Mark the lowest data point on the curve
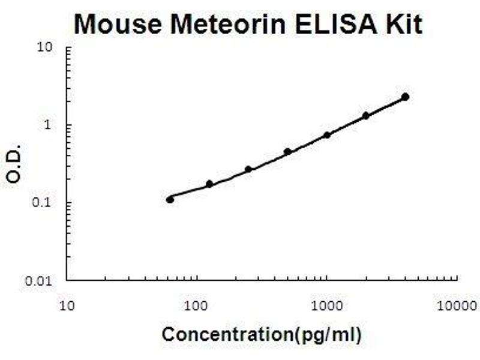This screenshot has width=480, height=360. (170, 199)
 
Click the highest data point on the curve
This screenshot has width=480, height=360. (405, 97)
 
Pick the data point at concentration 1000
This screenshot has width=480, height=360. (327, 135)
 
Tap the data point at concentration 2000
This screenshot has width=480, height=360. (366, 115)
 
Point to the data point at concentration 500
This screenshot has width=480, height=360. (287, 152)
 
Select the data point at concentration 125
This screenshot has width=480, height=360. (209, 184)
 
